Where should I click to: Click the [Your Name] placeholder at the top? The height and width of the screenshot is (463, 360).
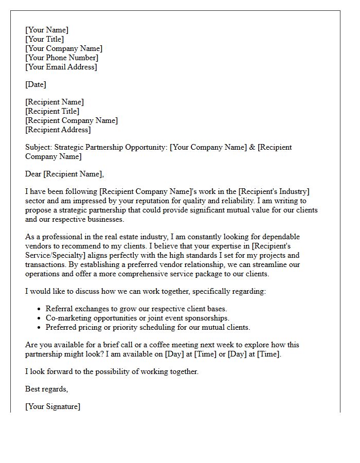coord(47,30)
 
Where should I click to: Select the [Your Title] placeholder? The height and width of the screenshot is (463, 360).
coord(45,39)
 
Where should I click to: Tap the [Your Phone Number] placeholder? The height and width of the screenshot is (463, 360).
coord(62,58)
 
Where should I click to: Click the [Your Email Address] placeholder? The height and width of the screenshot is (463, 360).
coord(61,67)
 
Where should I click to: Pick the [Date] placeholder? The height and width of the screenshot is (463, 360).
coord(35,84)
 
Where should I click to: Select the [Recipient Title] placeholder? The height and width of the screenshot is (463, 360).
coord(52,111)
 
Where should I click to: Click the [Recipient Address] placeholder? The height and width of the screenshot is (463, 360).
coord(58,130)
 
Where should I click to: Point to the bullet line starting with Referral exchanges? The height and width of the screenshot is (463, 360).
coord(136,309)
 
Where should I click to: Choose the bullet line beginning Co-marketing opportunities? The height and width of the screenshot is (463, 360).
coord(137,318)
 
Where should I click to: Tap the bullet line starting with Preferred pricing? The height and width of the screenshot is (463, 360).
coord(148,327)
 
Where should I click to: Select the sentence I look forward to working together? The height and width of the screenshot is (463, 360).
coord(112,371)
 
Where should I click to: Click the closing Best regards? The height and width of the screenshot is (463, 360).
coord(46,389)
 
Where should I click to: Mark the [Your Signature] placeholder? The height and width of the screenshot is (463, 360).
coord(52,406)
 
